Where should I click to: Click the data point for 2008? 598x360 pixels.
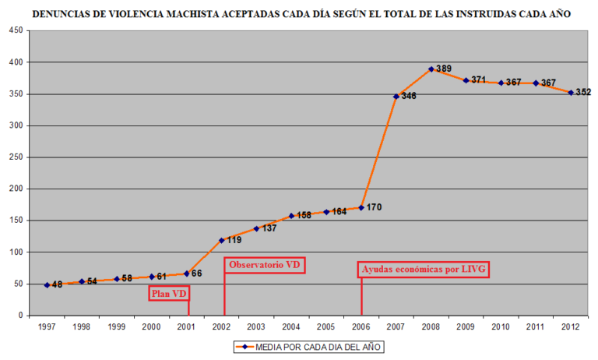coord(431,69)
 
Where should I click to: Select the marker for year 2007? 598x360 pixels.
coord(396,97)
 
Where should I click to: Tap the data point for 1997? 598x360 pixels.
coord(47,285)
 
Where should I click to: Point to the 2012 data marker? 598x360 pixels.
coord(571,93)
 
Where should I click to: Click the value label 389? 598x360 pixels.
coord(444,69)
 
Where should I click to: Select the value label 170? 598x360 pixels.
coord(374,207)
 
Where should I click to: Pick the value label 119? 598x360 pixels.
coord(234,240)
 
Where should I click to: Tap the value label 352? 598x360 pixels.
coord(583,92)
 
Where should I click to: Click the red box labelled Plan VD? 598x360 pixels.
coord(169,295)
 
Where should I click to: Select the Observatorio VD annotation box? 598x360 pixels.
coord(265,265)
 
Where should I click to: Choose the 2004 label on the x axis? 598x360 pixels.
coord(291,326)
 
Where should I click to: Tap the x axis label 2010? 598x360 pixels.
coord(501,326)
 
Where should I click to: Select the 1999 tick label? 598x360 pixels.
coord(117,326)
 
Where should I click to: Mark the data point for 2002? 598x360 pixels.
coord(222,240)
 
